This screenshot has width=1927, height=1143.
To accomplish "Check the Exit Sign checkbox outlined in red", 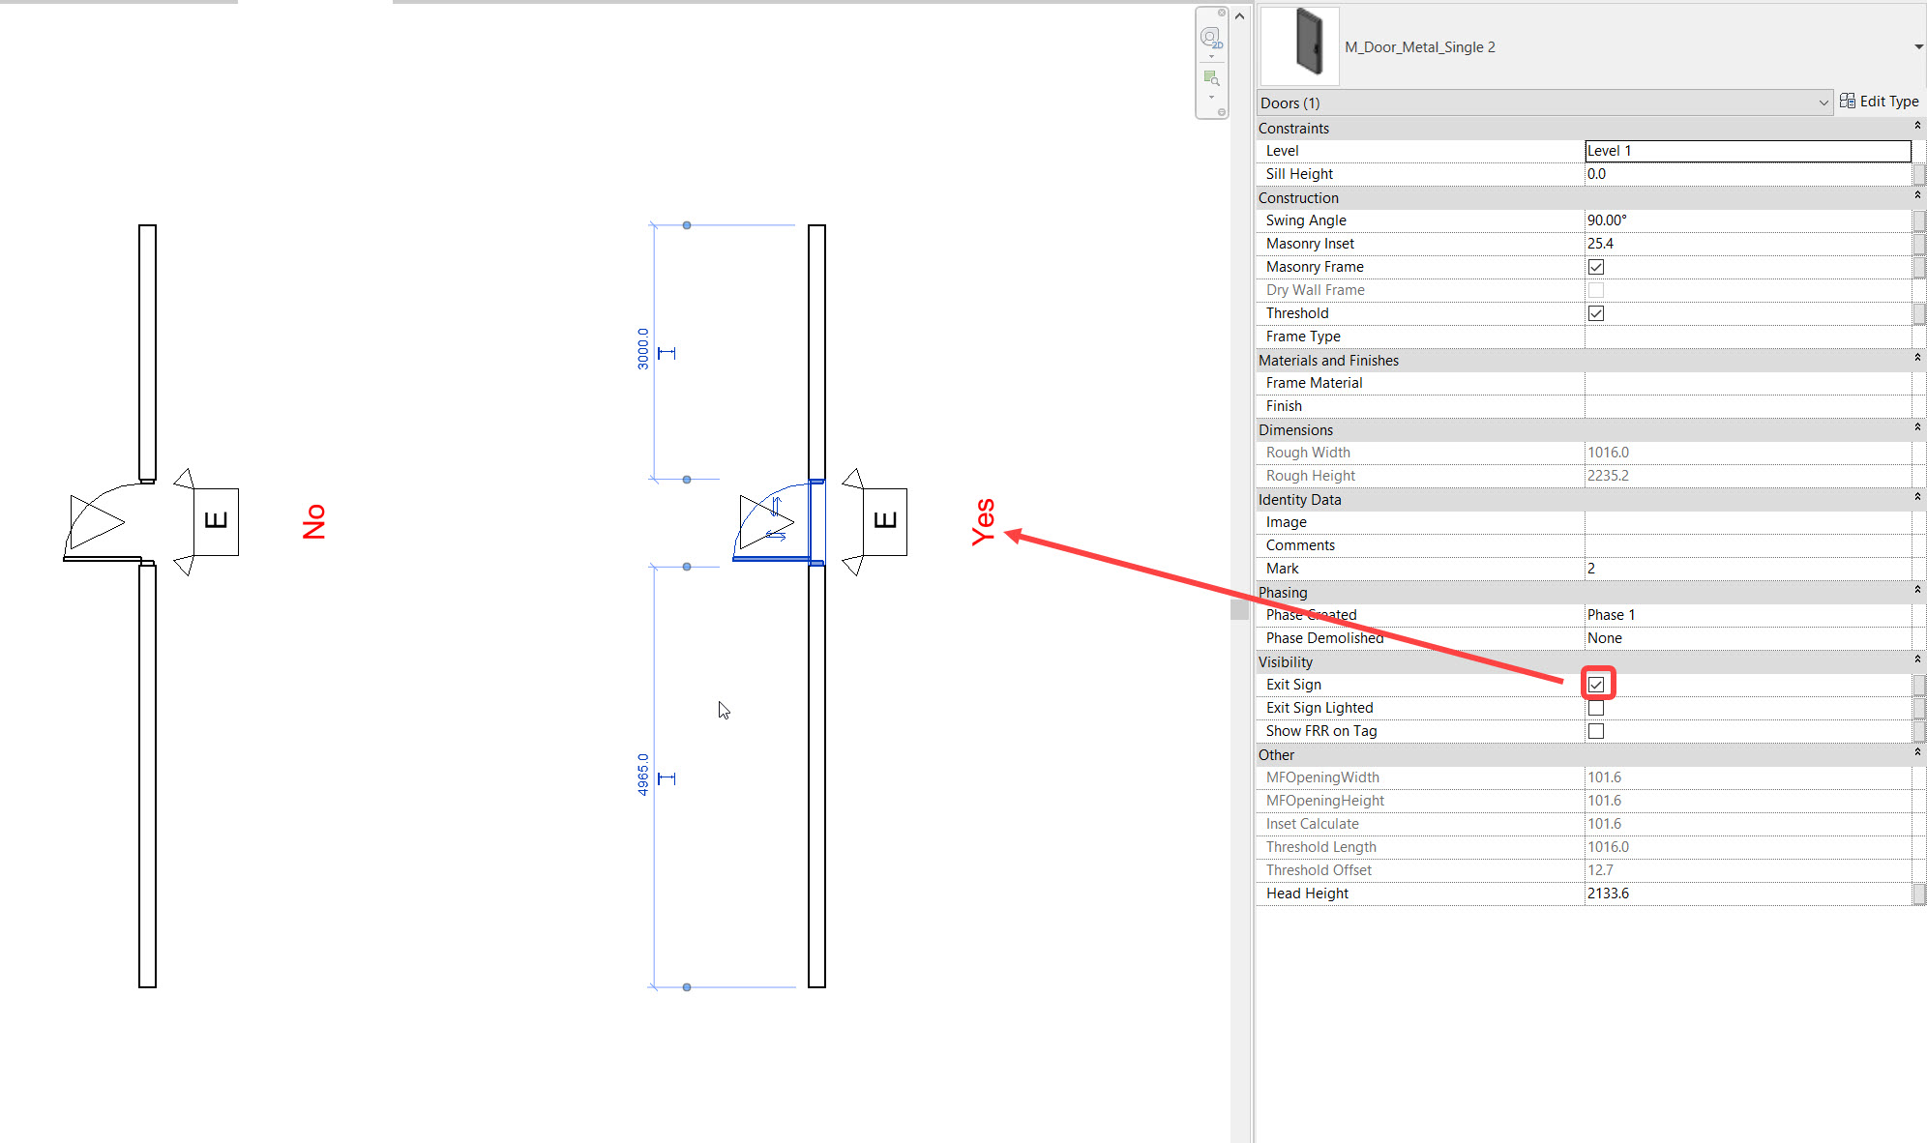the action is [x=1596, y=685].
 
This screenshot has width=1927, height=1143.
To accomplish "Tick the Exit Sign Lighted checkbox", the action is [x=1596, y=708].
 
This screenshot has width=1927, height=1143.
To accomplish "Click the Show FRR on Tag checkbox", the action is [x=1596, y=731].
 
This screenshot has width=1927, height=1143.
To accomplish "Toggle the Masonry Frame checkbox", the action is [x=1596, y=267].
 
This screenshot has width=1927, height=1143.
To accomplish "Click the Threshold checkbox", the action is [x=1596, y=313].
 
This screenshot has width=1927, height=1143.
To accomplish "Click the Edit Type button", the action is [x=1880, y=102].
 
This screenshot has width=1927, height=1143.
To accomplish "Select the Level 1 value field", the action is [x=1747, y=151].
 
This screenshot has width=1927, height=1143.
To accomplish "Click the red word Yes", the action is [x=983, y=522].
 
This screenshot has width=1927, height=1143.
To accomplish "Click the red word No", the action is [x=314, y=522].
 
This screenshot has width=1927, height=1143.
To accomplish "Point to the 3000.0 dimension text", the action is [x=643, y=348].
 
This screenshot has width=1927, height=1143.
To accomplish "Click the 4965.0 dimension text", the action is [x=643, y=775].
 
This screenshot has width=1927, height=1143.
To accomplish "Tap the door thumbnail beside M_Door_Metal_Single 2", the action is [x=1300, y=45].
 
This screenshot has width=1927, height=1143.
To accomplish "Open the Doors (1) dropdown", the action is [x=1544, y=103].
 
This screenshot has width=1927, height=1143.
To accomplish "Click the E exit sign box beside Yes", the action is [x=885, y=521].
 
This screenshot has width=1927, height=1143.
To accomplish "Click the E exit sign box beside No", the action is [x=217, y=521].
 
